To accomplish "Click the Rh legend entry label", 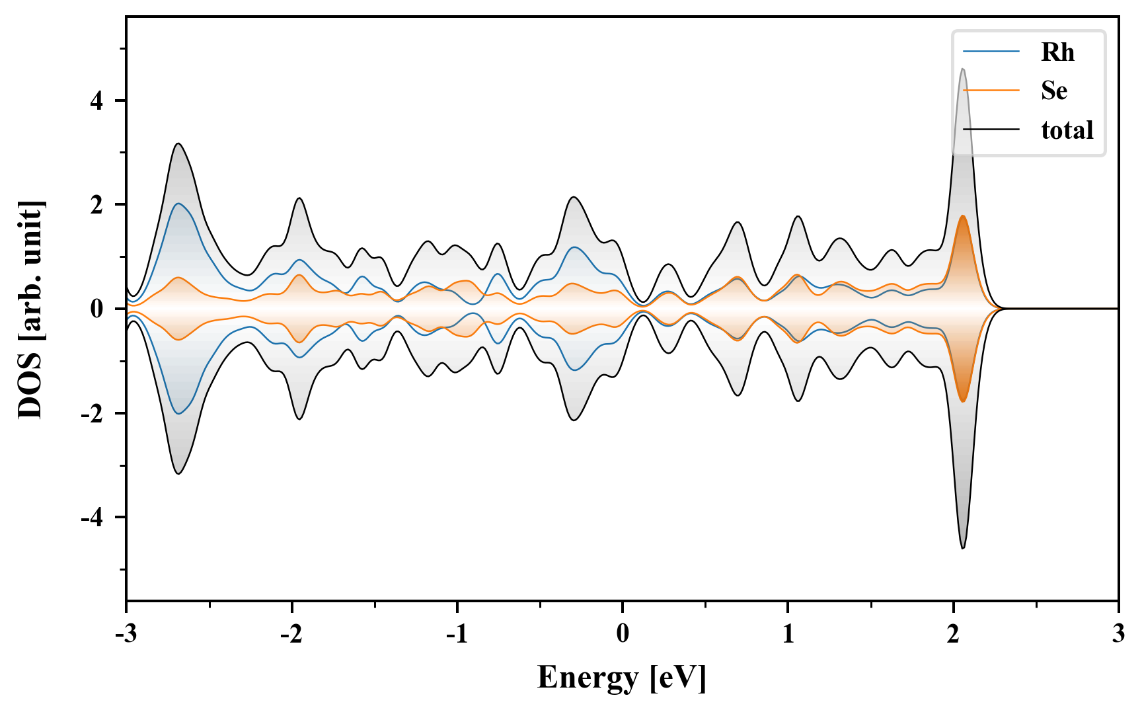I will (1057, 52).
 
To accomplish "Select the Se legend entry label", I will (1054, 91).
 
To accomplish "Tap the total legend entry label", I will (1067, 130).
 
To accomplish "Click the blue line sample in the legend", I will (991, 52).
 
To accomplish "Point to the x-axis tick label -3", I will (126, 633).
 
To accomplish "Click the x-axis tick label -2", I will (291, 633).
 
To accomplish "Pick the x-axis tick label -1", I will (456, 633).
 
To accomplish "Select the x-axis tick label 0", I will (623, 633).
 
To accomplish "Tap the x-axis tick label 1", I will (788, 633).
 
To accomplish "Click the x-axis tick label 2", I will (953, 633).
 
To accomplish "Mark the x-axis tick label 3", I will (1118, 633).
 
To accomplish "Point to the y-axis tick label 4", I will (97, 101).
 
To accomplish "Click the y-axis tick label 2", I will (97, 205).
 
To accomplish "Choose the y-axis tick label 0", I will (97, 309).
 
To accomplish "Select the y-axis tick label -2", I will (93, 413).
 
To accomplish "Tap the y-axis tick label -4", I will (93, 517).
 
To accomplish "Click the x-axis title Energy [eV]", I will (622, 678).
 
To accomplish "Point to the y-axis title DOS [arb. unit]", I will (30, 309).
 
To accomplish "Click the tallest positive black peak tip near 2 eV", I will (963, 69).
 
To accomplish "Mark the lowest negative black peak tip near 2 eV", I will (963, 548).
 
